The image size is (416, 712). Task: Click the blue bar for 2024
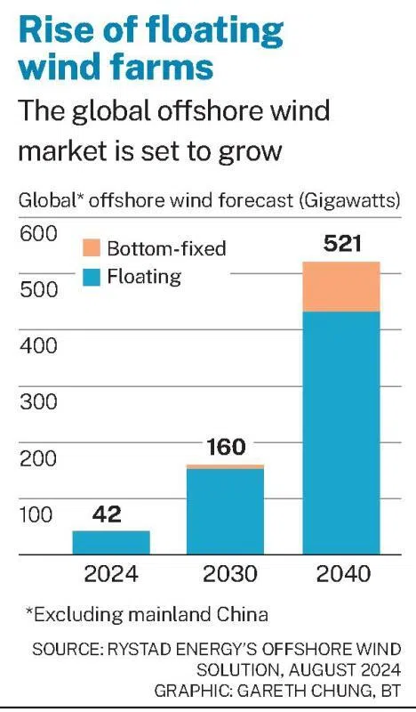[111, 543]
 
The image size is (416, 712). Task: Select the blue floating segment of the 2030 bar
[226, 512]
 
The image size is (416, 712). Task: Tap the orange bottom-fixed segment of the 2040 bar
[341, 287]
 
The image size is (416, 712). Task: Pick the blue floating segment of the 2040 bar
[341, 433]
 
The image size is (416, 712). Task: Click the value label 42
[107, 514]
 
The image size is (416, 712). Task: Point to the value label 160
[227, 447]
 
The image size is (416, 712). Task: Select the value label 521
[342, 244]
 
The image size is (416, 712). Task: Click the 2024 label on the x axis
[111, 573]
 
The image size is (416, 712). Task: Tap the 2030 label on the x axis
[230, 573]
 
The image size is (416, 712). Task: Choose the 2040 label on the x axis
[343, 573]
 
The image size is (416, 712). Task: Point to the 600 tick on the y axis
[38, 234]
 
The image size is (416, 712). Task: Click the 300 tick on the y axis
[38, 401]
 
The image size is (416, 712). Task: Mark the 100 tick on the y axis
[36, 514]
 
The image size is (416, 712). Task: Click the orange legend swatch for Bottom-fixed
[92, 248]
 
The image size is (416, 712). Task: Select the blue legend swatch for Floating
[92, 277]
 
